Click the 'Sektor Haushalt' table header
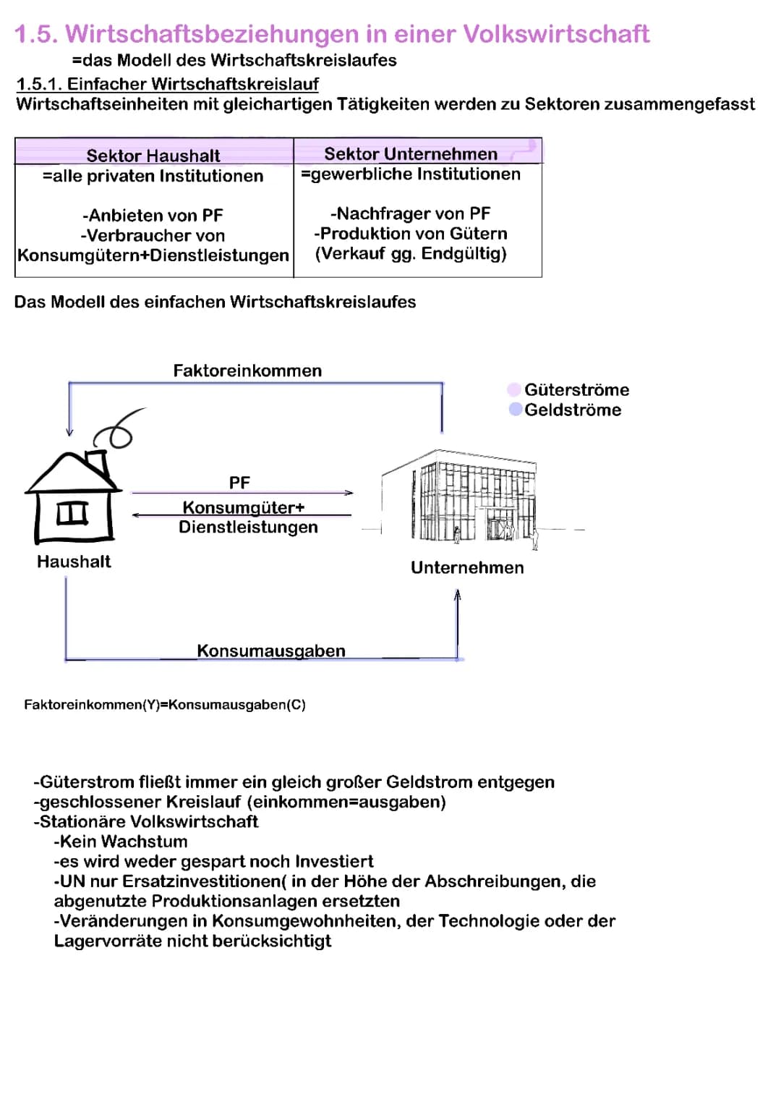(x=153, y=156)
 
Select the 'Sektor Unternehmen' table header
(x=411, y=154)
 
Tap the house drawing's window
(x=72, y=512)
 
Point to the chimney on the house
(x=95, y=463)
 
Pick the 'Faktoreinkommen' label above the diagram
(x=247, y=371)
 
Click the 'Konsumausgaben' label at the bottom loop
(x=271, y=651)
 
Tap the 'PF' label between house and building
(x=239, y=483)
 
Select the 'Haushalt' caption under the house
(x=74, y=562)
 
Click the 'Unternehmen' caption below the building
(x=467, y=567)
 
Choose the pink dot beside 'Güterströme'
(x=514, y=390)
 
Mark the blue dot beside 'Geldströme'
(x=516, y=410)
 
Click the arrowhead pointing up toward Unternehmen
(x=457, y=595)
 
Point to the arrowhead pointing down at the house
(x=69, y=432)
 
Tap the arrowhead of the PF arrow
(x=349, y=493)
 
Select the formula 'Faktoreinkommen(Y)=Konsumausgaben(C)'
(x=165, y=705)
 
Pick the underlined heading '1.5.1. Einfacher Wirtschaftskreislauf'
(x=168, y=84)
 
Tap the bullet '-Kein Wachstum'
(x=121, y=842)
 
